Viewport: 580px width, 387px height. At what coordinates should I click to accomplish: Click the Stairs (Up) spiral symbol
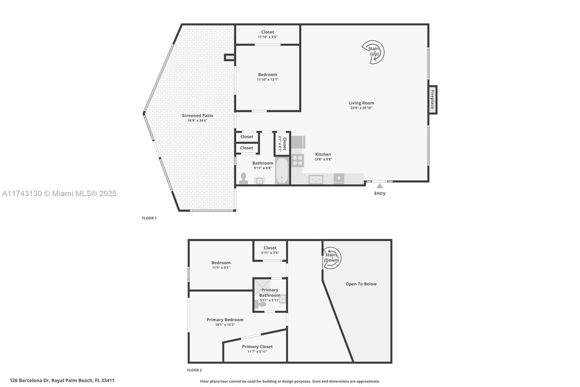click(x=373, y=52)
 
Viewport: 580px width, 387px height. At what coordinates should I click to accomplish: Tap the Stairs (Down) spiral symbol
click(x=331, y=258)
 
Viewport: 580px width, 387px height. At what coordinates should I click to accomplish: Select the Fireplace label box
click(x=432, y=99)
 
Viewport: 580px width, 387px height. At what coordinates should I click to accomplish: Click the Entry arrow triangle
click(x=380, y=186)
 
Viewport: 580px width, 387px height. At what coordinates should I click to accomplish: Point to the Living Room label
click(x=361, y=103)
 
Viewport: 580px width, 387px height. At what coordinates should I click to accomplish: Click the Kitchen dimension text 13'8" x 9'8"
click(x=323, y=159)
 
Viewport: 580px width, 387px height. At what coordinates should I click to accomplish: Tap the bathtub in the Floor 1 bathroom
click(x=282, y=171)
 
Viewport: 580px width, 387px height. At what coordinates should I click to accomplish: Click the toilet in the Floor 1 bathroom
click(x=244, y=178)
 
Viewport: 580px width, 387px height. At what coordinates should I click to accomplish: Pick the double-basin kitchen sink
click(x=316, y=179)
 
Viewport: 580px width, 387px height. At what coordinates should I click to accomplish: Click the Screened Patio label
click(x=197, y=115)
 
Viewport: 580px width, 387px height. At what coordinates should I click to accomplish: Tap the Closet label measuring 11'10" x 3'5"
click(x=268, y=32)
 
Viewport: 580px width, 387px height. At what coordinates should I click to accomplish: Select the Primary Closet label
click(x=257, y=347)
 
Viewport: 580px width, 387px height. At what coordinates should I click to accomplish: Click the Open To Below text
click(x=361, y=284)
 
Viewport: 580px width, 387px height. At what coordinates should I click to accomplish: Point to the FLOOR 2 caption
click(x=194, y=370)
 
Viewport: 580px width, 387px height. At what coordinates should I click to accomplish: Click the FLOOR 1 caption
click(x=149, y=218)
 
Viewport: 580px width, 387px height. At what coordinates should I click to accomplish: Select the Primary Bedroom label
click(x=225, y=320)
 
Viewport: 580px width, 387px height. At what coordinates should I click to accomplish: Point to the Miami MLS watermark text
click(x=59, y=193)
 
